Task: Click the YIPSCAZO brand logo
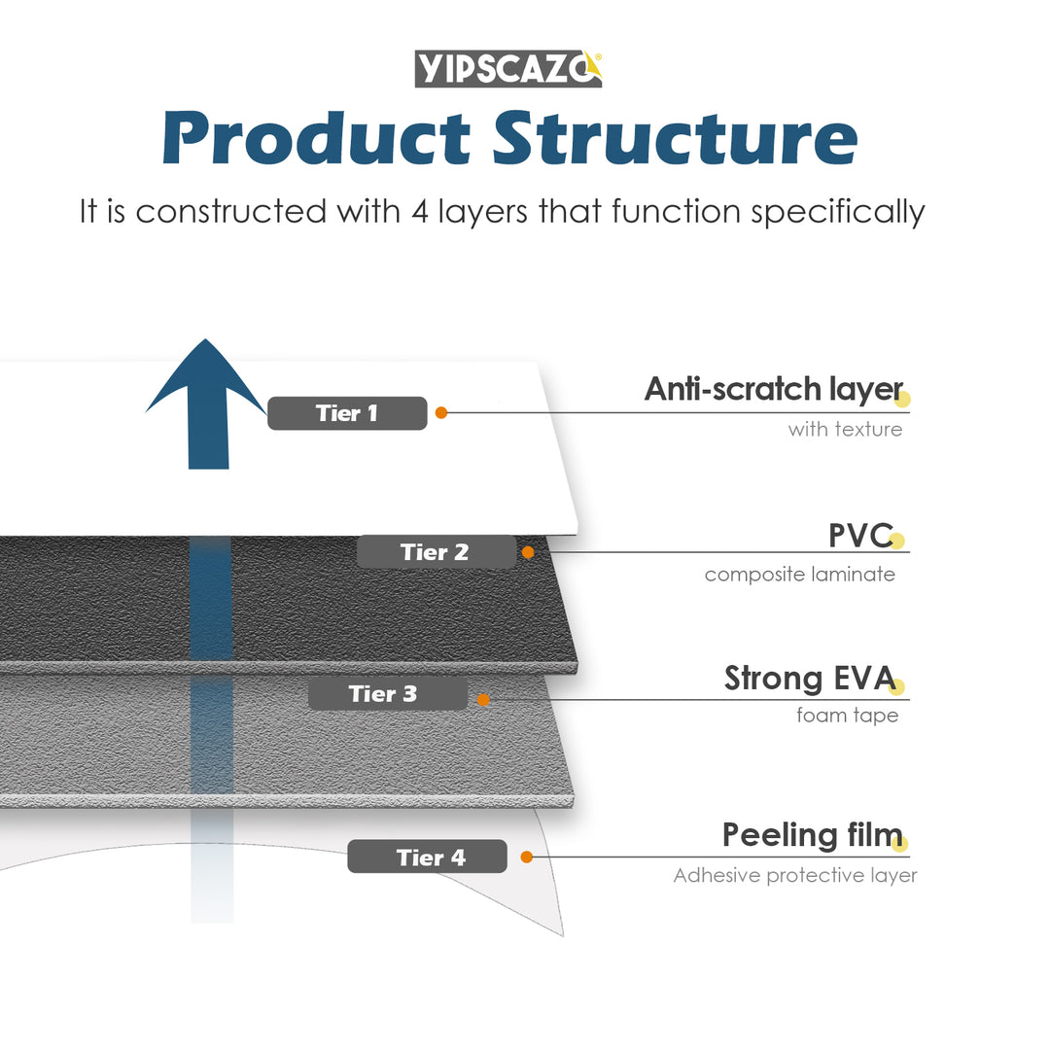pos(508,68)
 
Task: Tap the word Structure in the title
pos(675,138)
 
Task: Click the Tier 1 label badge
pos(347,413)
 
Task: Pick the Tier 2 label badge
pos(436,552)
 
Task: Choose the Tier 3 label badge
pos(387,694)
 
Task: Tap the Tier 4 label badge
pos(427,857)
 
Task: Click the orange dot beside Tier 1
pos(441,413)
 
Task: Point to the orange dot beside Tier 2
pos(528,552)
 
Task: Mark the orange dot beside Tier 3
pos(483,698)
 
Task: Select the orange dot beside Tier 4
pos(526,857)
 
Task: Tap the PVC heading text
pos(859,535)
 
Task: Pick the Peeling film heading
pos(811,835)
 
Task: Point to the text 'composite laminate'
pos(799,575)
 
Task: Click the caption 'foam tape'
pos(847,716)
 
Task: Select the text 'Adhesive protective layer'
pos(794,876)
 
